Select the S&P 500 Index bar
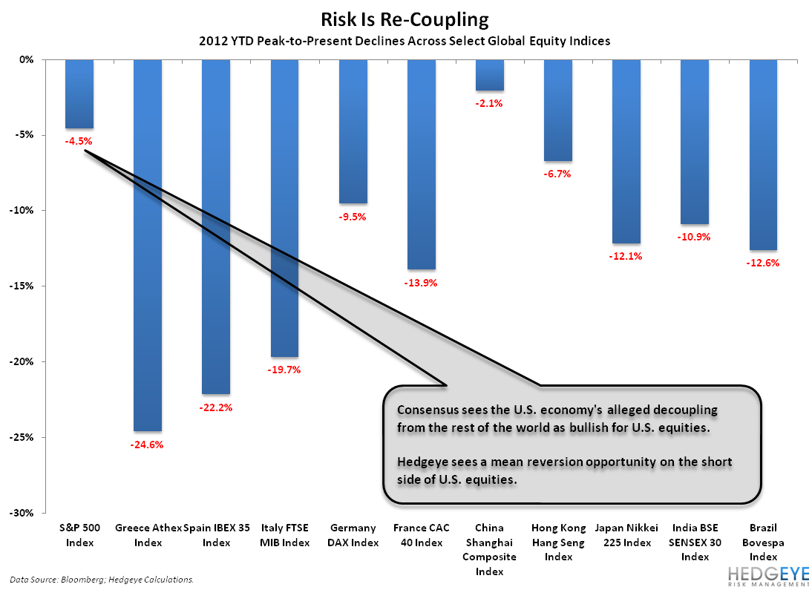point(79,94)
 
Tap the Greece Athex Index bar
point(148,245)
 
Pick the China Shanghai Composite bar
point(490,75)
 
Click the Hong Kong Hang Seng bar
point(558,110)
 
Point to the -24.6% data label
point(148,445)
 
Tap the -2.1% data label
point(490,104)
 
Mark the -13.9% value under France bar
point(422,283)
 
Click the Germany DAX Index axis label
point(353,535)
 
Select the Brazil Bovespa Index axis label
point(764,542)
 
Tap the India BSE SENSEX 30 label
point(695,542)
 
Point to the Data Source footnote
point(102,580)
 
